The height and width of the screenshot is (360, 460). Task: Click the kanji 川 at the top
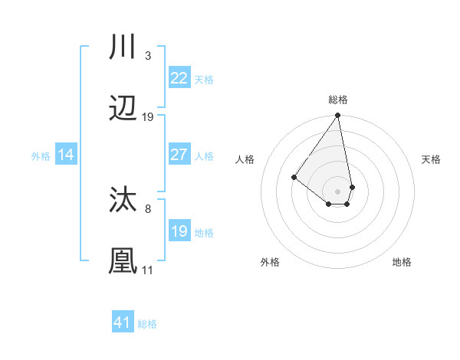point(123,47)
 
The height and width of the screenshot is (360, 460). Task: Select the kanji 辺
point(123,109)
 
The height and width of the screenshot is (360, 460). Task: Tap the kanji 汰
point(123,200)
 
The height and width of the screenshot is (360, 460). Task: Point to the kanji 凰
point(123,261)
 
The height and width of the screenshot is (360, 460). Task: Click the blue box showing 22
point(179,78)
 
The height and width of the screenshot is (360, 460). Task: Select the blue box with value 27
point(179,155)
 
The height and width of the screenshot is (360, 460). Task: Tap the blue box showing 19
point(179,231)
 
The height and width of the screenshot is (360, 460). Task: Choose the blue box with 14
point(66,155)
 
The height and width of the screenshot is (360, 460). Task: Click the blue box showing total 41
point(123,322)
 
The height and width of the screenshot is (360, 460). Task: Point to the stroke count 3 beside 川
point(147,55)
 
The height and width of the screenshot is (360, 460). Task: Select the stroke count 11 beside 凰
point(147,270)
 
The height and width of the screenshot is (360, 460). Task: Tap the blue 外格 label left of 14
point(41,155)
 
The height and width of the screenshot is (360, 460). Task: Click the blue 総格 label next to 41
point(147,323)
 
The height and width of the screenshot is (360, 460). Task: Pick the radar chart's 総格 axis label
point(337,100)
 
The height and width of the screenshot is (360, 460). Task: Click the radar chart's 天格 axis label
point(432,159)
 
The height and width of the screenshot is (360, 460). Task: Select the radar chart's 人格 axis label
point(245,159)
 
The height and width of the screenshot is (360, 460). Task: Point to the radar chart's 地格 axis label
point(402,262)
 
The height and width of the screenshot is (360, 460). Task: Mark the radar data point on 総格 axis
point(337,116)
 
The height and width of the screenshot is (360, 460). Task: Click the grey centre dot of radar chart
point(337,191)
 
